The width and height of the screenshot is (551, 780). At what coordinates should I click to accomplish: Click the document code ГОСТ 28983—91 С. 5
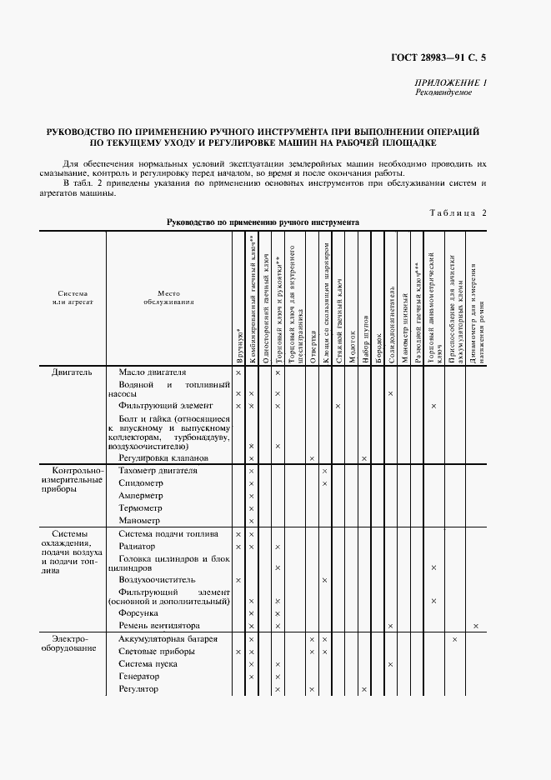[438, 57]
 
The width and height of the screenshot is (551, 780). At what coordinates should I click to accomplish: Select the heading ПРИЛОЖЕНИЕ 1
[450, 82]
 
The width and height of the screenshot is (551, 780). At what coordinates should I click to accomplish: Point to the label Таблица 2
[458, 212]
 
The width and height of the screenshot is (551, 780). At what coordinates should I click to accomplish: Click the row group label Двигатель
[77, 372]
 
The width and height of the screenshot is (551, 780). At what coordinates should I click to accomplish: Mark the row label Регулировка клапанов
[163, 458]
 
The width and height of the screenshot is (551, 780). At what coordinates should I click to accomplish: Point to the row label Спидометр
[135, 482]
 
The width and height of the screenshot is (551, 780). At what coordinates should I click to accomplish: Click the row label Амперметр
[138, 495]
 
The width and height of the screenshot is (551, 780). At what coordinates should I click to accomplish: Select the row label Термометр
[138, 507]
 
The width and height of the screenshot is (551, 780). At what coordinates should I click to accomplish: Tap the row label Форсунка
[135, 612]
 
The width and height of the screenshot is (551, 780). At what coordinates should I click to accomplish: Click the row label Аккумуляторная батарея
[168, 639]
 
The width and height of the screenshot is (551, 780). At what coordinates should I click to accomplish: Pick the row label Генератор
[138, 677]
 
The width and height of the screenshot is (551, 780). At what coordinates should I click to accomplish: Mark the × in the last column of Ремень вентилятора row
[476, 626]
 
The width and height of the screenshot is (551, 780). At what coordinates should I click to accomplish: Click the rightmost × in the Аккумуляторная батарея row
[454, 639]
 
